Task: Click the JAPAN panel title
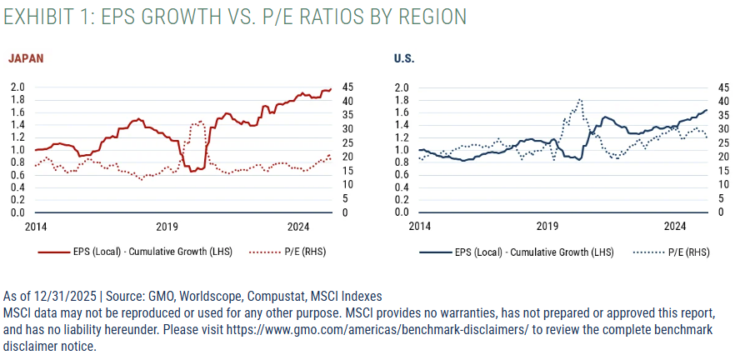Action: pyautogui.click(x=26, y=58)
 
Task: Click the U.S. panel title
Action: pyautogui.click(x=404, y=59)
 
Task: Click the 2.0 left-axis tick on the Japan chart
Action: pyautogui.click(x=17, y=87)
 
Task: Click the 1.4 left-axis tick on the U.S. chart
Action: pyautogui.click(x=402, y=125)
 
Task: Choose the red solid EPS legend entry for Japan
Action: pyautogui.click(x=135, y=252)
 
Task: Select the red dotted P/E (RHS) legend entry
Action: pyautogui.click(x=287, y=252)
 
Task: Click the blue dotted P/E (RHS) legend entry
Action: pyautogui.click(x=672, y=252)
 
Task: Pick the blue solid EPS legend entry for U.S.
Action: pyautogui.click(x=517, y=252)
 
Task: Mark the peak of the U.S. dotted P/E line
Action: pyautogui.click(x=580, y=99)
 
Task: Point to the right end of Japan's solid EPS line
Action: pyautogui.click(x=331, y=89)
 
